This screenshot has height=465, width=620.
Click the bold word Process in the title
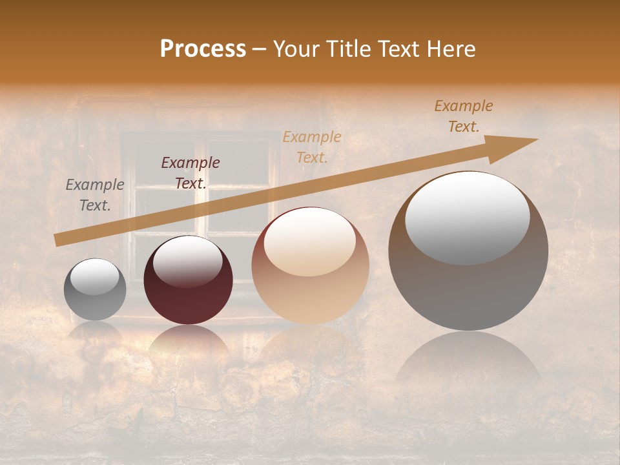[x=203, y=49]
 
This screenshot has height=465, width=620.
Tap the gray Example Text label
[x=95, y=195]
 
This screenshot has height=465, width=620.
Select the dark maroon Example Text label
[x=191, y=173]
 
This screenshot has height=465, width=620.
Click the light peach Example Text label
[x=312, y=147]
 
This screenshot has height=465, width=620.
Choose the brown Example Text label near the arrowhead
[x=464, y=116]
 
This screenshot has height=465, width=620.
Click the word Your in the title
[x=295, y=49]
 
